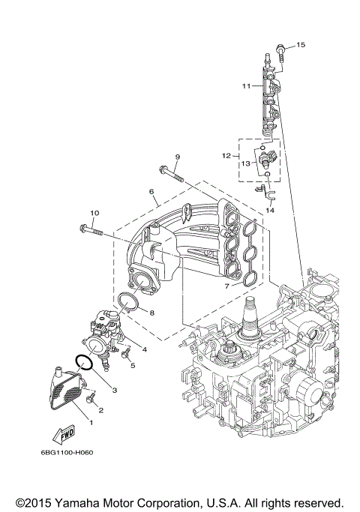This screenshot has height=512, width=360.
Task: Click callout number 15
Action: point(301,46)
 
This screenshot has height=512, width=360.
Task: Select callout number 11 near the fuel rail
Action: point(245,87)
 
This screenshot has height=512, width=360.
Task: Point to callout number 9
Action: point(178,156)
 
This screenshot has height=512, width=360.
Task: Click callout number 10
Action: point(94,212)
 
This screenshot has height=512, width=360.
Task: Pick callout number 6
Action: point(151,191)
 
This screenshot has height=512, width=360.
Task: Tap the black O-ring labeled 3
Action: point(85,363)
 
